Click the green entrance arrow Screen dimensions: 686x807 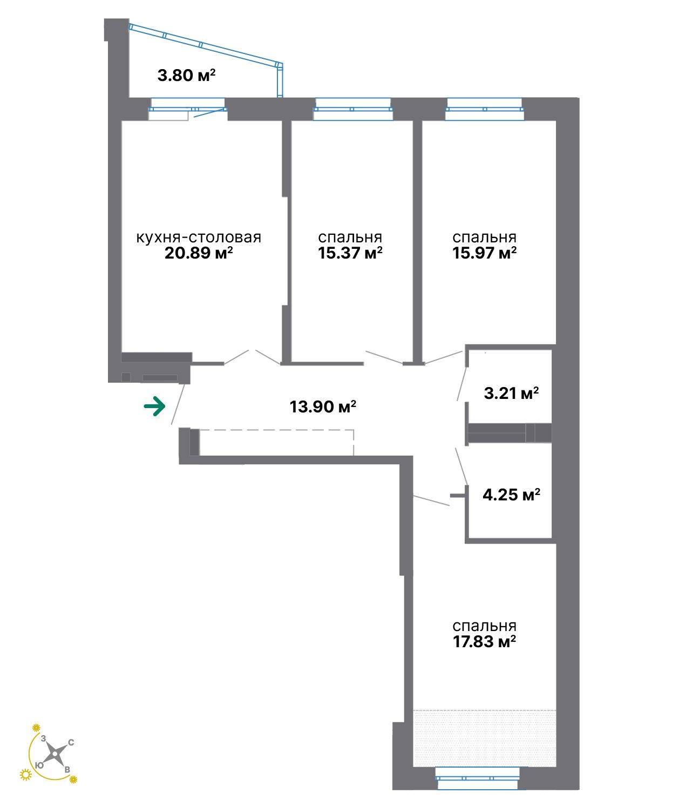pyautogui.click(x=154, y=406)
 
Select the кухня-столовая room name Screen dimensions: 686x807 pyautogui.click(x=198, y=238)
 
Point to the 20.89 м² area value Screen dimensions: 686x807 pyautogui.click(x=198, y=253)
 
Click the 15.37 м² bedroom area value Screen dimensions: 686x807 pyautogui.click(x=350, y=253)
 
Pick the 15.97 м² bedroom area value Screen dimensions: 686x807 pyautogui.click(x=484, y=253)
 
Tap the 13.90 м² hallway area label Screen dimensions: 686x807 pyautogui.click(x=323, y=406)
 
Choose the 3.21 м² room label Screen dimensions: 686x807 pyautogui.click(x=511, y=393)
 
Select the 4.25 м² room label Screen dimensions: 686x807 pyautogui.click(x=511, y=494)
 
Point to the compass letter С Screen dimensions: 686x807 pyautogui.click(x=71, y=742)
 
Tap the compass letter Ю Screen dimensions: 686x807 pyautogui.click(x=39, y=765)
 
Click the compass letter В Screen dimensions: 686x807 pyautogui.click(x=67, y=770)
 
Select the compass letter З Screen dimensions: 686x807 pyautogui.click(x=44, y=738)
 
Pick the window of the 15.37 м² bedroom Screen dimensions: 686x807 pyautogui.click(x=353, y=109)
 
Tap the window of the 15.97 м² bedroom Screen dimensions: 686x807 pyautogui.click(x=485, y=109)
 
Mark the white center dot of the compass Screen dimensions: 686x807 pyautogui.click(x=56, y=753)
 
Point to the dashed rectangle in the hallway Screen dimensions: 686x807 pyautogui.click(x=277, y=442)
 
